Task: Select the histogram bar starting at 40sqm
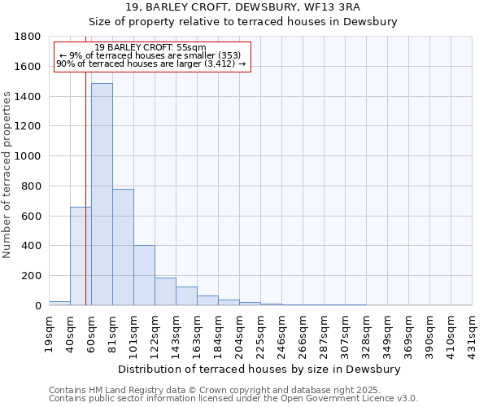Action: pyautogui.click(x=81, y=256)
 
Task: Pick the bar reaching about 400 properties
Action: pyautogui.click(x=144, y=275)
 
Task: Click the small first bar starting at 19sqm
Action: pyautogui.click(x=59, y=303)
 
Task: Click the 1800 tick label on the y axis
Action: pyautogui.click(x=28, y=37)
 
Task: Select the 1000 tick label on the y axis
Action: pyautogui.click(x=28, y=156)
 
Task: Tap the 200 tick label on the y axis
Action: pyautogui.click(x=32, y=276)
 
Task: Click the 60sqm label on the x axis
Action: pyautogui.click(x=91, y=333)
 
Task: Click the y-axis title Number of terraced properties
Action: pyautogui.click(x=7, y=175)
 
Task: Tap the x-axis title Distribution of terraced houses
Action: pyautogui.click(x=259, y=369)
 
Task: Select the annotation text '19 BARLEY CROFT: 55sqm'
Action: pyautogui.click(x=150, y=47)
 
